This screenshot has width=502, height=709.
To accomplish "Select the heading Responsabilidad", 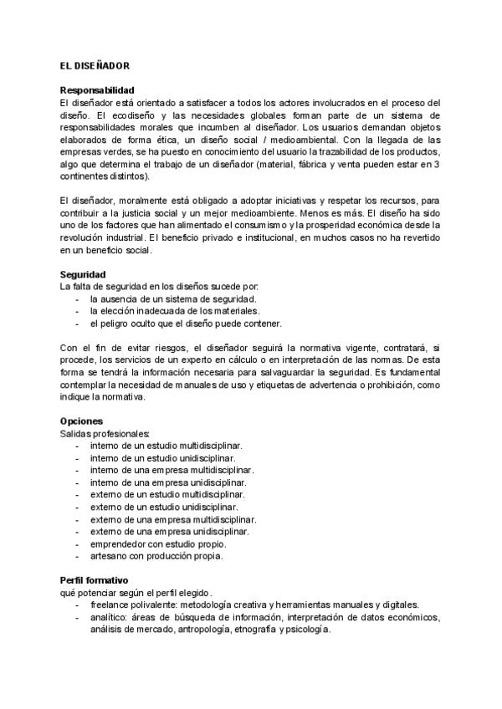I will click(x=97, y=90).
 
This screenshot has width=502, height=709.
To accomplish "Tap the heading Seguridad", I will click(x=83, y=274).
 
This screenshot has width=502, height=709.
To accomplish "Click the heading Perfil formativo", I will click(x=94, y=579).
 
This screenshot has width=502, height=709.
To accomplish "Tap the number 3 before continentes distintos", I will click(x=438, y=165).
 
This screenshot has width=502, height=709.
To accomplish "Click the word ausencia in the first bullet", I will click(x=125, y=298).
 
